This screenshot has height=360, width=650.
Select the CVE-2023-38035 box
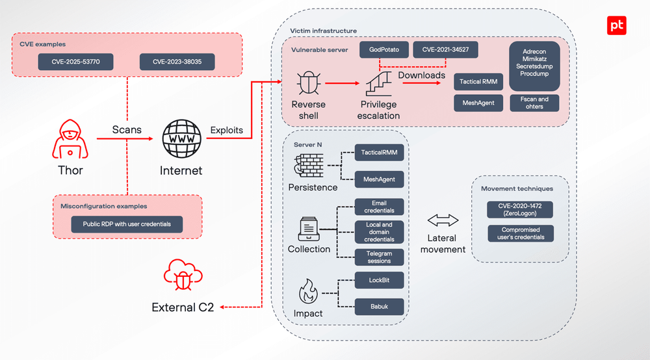point(177,62)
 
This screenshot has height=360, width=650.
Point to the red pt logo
point(616,25)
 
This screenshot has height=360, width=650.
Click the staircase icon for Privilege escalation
point(379,84)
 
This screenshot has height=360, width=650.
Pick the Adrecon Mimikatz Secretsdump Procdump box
point(534,62)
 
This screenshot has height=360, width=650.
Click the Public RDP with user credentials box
point(127,224)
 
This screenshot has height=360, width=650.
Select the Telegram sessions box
point(379,257)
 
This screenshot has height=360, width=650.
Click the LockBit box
point(379,280)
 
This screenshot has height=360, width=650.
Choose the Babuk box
point(379,306)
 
